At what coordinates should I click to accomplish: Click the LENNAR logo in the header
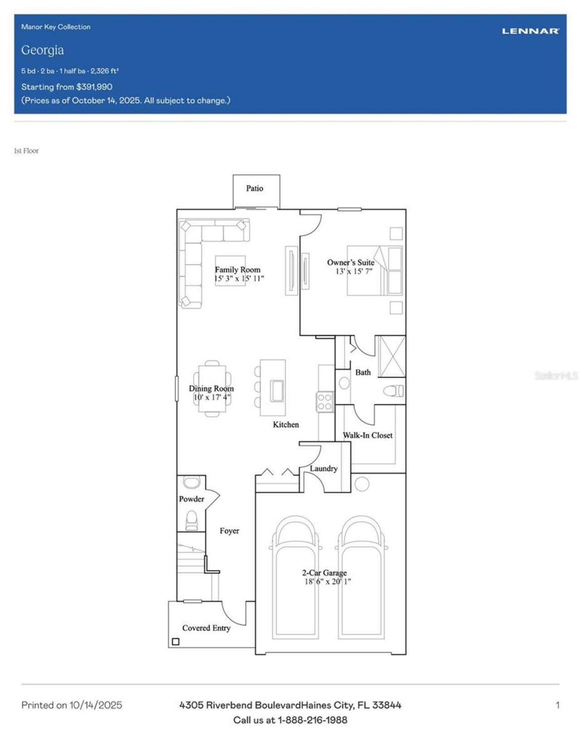[x=530, y=31]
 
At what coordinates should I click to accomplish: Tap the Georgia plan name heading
[x=43, y=50]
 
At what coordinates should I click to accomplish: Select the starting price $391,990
[x=94, y=87]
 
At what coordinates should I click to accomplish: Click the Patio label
[x=255, y=189]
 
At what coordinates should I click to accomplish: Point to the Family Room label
[x=238, y=270]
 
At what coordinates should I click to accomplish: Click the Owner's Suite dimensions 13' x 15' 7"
[x=354, y=271]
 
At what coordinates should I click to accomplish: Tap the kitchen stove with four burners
[x=325, y=402]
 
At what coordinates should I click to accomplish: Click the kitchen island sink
[x=277, y=391]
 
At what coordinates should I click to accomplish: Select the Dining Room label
[x=211, y=388]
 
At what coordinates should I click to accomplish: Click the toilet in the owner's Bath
[x=393, y=391]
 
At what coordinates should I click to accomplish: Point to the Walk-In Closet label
[x=367, y=436]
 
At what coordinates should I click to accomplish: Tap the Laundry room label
[x=324, y=469]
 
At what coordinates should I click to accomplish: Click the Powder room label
[x=191, y=499]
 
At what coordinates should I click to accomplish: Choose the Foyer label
[x=229, y=531]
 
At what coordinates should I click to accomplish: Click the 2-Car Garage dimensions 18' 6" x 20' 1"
[x=328, y=581]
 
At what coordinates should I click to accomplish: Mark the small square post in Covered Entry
[x=175, y=642]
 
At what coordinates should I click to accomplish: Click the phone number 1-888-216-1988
[x=313, y=720]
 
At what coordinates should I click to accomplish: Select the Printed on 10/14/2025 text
[x=72, y=705]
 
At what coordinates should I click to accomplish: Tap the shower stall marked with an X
[x=392, y=356]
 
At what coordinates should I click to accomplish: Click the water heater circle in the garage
[x=362, y=484]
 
